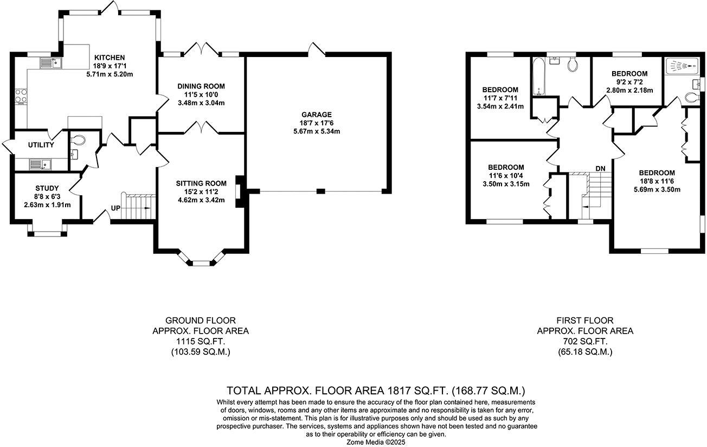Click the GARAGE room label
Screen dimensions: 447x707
(317, 114)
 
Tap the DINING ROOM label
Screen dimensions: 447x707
(201, 86)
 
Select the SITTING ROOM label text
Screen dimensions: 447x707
(201, 183)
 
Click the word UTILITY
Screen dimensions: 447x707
(41, 145)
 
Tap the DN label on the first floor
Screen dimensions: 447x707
(600, 169)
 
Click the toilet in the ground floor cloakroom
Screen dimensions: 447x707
(78, 139)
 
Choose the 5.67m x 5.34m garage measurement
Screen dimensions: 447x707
(317, 131)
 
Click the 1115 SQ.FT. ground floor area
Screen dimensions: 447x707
(201, 341)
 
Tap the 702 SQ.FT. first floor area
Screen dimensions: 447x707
(585, 341)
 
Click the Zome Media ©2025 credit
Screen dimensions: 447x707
(376, 442)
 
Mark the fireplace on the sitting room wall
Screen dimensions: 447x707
(239, 191)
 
